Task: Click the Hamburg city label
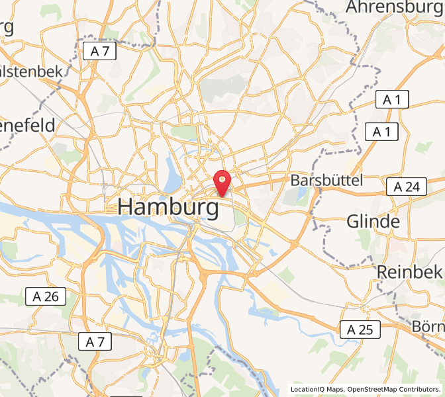(168, 207)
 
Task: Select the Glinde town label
(373, 222)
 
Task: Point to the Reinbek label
(409, 271)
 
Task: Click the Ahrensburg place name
(395, 7)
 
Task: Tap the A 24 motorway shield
(407, 187)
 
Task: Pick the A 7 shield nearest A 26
(95, 342)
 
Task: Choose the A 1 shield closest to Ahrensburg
(393, 100)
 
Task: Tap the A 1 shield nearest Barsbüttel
(381, 132)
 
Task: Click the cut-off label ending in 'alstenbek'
(31, 71)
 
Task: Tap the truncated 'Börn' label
(428, 326)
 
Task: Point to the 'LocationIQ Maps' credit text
(317, 389)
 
